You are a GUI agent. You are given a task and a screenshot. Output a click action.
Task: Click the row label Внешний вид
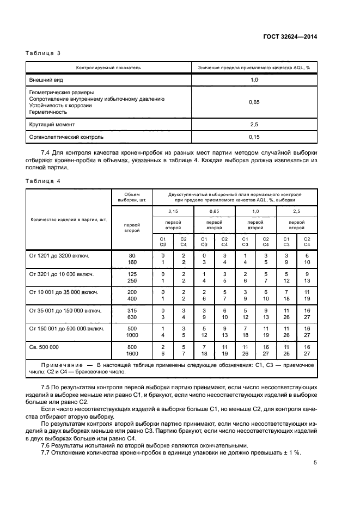(45, 79)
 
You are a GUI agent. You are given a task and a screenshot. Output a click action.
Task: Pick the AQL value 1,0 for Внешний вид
(254, 79)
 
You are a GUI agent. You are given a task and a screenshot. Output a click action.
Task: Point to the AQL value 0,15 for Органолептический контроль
(254, 137)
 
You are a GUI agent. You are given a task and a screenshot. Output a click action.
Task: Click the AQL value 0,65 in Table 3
(254, 102)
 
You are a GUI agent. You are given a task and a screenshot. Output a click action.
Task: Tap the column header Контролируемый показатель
(108, 68)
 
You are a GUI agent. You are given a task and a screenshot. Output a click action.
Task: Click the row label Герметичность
(47, 112)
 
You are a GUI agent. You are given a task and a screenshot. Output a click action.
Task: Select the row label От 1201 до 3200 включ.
(59, 255)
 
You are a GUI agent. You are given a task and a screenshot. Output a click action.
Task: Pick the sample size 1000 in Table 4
(132, 335)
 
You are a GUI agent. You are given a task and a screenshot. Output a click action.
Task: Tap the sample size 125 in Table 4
(132, 273)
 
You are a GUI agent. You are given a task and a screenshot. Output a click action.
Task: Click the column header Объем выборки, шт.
(132, 197)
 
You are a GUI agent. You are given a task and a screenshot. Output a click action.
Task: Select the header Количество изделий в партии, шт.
(69, 220)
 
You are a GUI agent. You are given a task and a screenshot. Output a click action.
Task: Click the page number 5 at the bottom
(315, 463)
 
